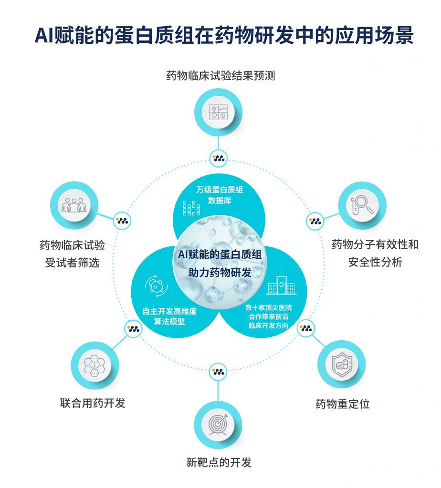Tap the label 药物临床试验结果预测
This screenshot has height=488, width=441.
click(220, 76)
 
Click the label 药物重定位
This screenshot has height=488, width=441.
click(342, 404)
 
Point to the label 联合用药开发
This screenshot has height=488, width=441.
click(93, 403)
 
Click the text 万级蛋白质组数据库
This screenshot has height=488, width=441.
click(220, 195)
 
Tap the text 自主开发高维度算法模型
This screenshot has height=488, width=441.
click(169, 316)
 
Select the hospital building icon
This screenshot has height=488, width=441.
click(281, 286)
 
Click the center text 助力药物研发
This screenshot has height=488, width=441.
click(220, 273)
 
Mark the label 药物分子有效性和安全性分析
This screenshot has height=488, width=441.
click(375, 253)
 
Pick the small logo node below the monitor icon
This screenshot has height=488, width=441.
click(219, 158)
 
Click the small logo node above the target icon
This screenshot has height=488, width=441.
click(219, 371)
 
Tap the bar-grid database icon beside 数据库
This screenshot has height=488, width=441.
click(191, 208)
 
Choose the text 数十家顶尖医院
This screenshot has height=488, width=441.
click(268, 308)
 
